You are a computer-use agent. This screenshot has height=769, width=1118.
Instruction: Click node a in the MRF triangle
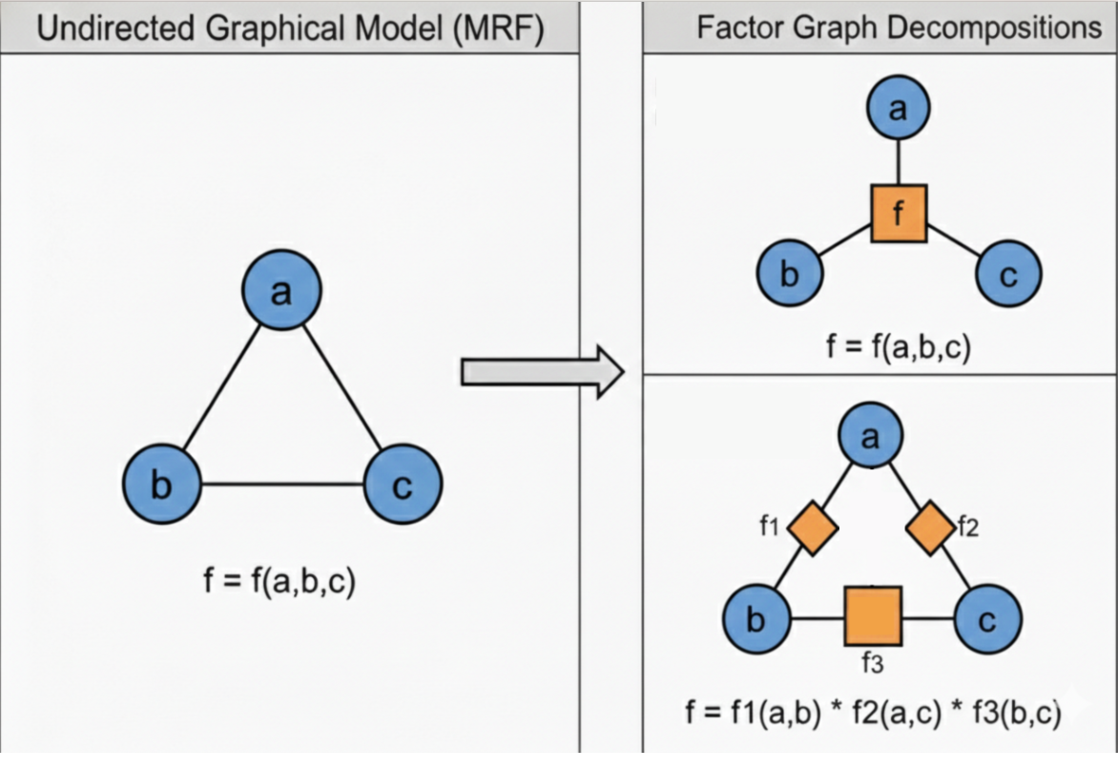(x=281, y=290)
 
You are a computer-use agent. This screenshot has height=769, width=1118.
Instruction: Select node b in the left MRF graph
(x=162, y=484)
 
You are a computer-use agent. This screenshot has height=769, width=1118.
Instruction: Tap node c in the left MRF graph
(x=403, y=484)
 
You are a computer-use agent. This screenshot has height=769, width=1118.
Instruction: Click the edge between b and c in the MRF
(x=282, y=485)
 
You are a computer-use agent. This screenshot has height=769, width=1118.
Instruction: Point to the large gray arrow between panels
(x=543, y=372)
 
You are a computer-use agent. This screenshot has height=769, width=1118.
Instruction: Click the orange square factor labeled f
(x=900, y=214)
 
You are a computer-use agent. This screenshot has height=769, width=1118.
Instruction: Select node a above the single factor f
(x=899, y=108)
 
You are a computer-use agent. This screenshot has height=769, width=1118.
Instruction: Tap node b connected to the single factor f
(x=790, y=273)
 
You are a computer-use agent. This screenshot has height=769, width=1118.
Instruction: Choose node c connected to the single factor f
(x=1008, y=273)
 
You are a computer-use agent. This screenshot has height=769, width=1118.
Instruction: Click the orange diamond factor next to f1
(x=812, y=528)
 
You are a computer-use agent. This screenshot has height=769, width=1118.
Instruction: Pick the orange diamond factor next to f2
(x=930, y=528)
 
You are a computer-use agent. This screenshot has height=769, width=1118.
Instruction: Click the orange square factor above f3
(x=874, y=616)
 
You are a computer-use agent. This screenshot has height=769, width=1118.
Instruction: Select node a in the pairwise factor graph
(x=871, y=435)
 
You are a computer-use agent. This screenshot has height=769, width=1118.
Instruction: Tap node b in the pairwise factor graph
(x=756, y=618)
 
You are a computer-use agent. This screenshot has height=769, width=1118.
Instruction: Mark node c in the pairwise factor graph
(x=987, y=618)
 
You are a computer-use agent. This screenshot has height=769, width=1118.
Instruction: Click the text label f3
(x=873, y=663)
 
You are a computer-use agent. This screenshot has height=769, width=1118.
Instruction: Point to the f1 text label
(x=769, y=527)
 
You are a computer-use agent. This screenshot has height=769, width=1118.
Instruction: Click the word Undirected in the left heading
(x=114, y=29)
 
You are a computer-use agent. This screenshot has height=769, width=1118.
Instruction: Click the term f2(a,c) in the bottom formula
(x=897, y=713)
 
